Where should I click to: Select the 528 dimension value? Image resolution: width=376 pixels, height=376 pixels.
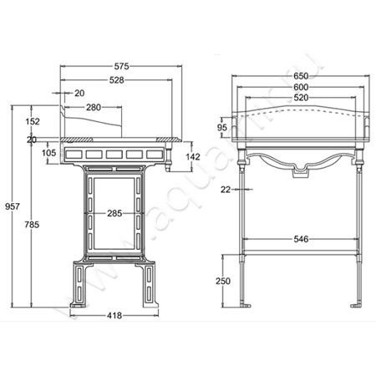coord(116,80)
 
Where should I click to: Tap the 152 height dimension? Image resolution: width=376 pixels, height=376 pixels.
coord(33,121)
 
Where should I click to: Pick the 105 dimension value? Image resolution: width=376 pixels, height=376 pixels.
coord(48,152)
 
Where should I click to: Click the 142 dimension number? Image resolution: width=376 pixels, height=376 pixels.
coord(191,156)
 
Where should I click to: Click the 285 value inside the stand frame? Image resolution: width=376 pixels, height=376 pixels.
coord(114,214)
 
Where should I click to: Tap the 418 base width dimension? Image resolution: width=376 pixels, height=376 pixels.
coord(114,315)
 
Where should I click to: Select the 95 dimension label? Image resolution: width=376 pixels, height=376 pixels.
coord(223,127)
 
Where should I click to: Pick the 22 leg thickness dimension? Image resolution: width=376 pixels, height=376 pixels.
coord(225,190)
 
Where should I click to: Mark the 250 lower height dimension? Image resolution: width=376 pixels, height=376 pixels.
coord(223,282)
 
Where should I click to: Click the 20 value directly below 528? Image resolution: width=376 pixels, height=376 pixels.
coord(79,94)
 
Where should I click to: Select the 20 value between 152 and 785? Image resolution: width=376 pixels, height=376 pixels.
coord(32,140)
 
